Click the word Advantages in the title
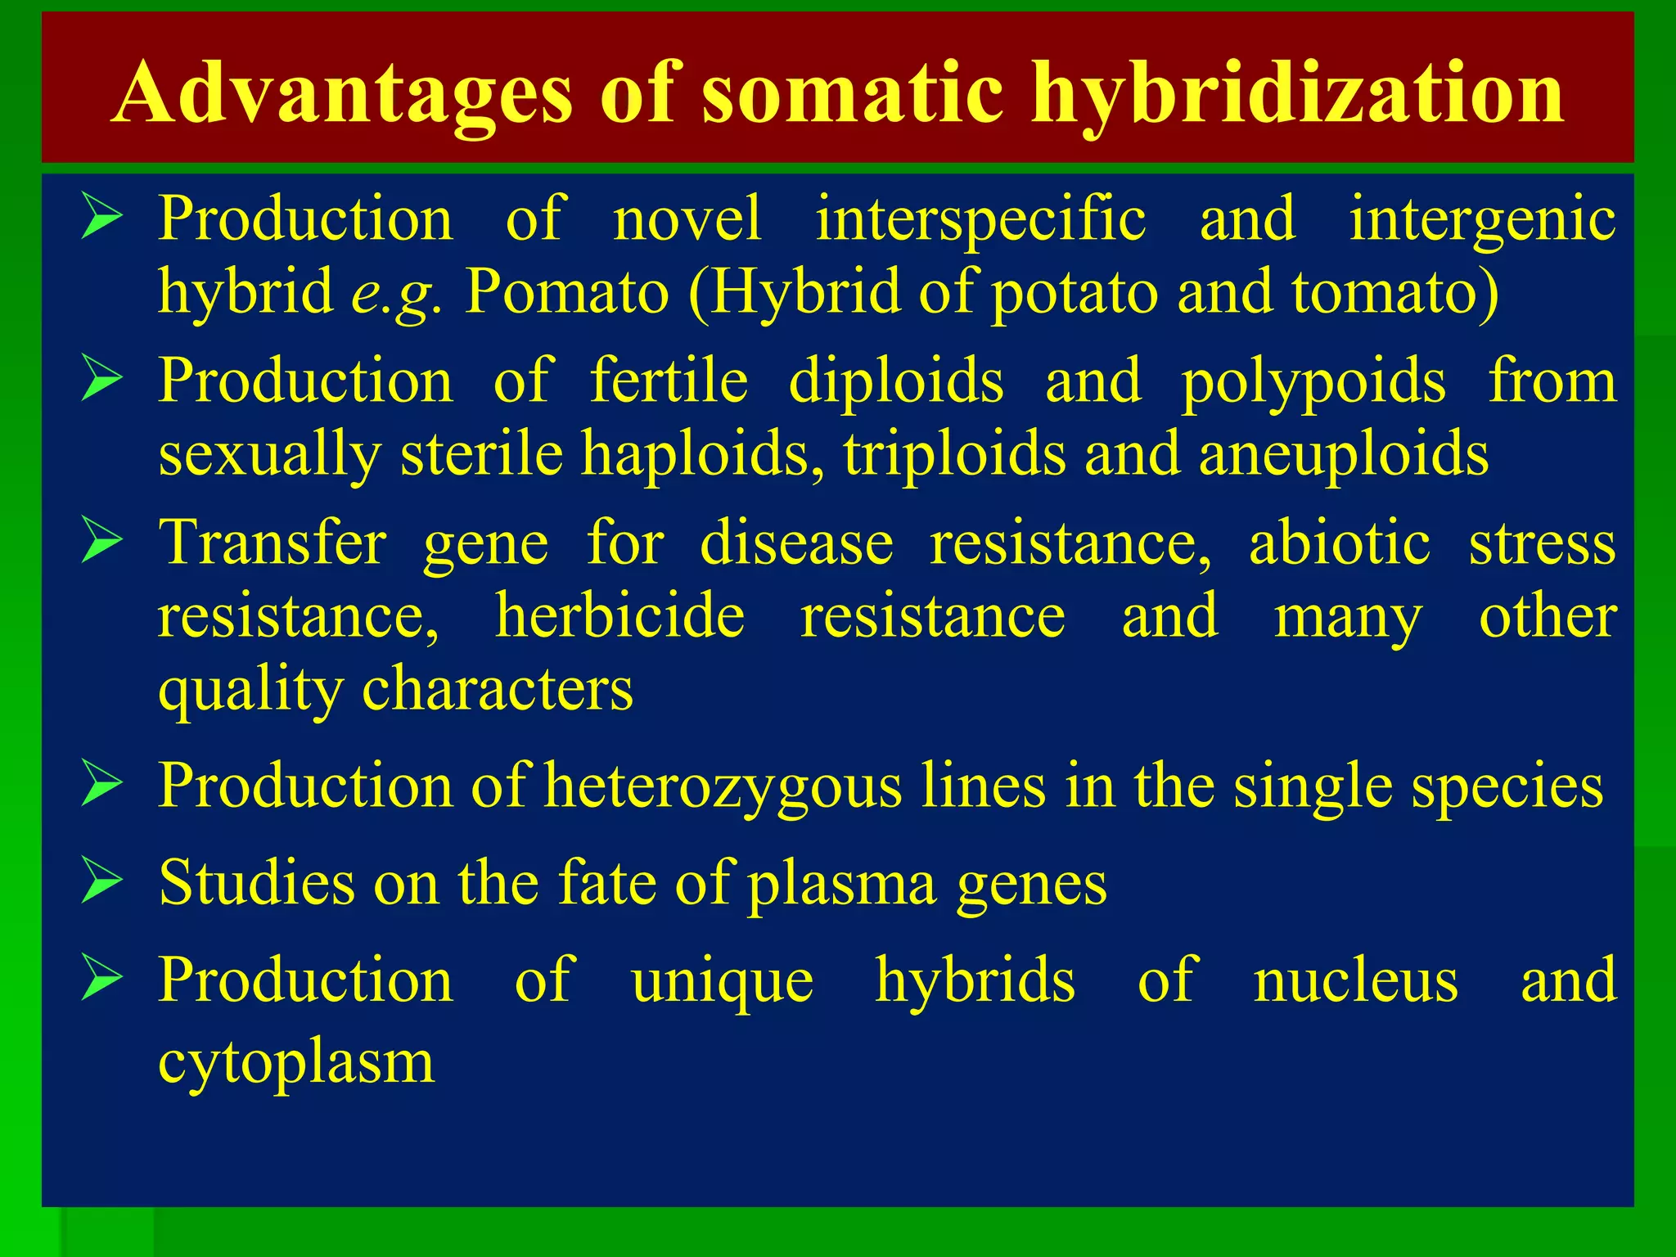[x=343, y=94]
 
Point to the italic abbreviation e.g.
[x=396, y=293]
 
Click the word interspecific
[x=980, y=219]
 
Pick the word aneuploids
[x=1343, y=455]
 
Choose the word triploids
[x=954, y=455]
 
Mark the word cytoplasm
[x=296, y=1063]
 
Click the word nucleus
[x=1355, y=980]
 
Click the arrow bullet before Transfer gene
[x=101, y=543]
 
